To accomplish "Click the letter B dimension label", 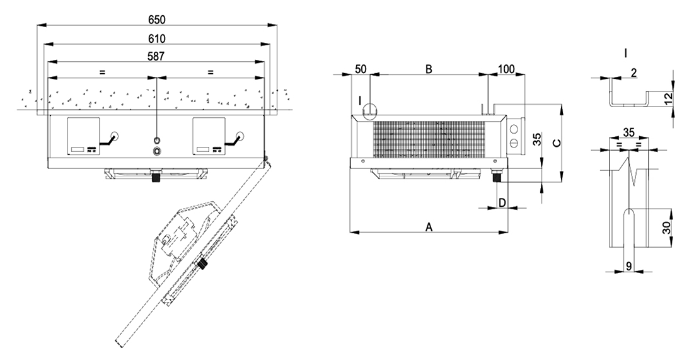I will click(428, 69).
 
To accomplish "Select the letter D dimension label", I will click(502, 202).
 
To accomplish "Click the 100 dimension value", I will click(507, 69).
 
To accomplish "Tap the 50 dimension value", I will click(361, 69).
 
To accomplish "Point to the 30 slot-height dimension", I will click(666, 228).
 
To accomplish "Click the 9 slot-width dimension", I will click(629, 266).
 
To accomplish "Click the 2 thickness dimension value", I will click(632, 73).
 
